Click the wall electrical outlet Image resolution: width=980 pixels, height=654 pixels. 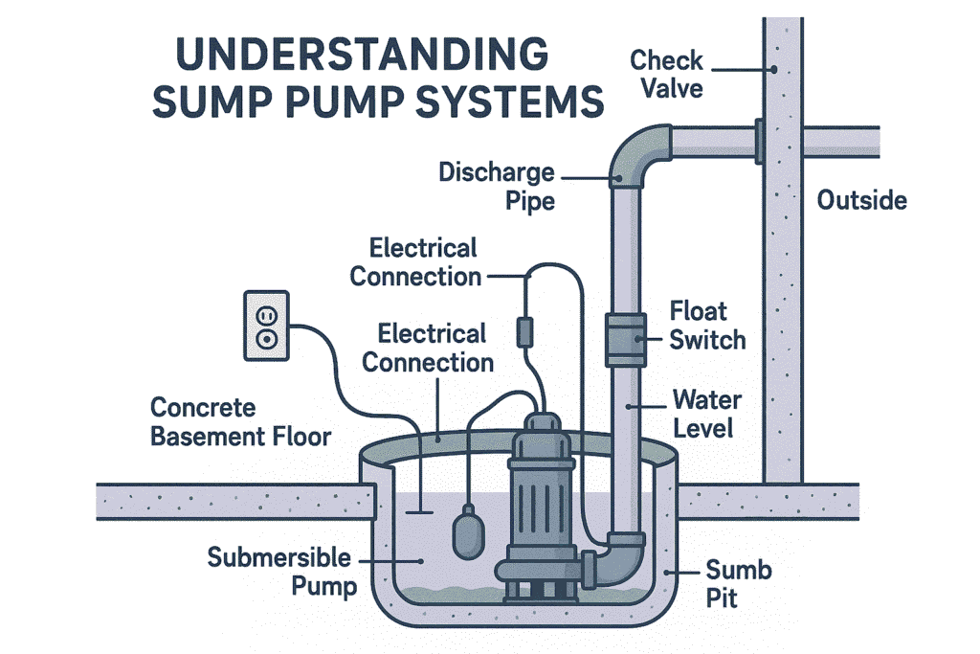click(x=266, y=327)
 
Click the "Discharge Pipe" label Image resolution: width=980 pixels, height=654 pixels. click(x=498, y=188)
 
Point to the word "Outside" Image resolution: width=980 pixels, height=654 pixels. click(x=861, y=201)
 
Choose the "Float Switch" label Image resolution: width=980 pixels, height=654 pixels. click(x=707, y=326)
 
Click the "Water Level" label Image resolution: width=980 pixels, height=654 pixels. click(x=706, y=414)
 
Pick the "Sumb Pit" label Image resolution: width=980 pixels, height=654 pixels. click(x=738, y=586)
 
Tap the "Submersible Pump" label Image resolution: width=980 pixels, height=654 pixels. click(x=279, y=572)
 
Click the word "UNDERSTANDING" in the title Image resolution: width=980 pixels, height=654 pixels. click(x=364, y=55)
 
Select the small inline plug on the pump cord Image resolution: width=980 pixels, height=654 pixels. click(x=524, y=331)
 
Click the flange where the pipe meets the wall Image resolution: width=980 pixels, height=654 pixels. click(x=757, y=141)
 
